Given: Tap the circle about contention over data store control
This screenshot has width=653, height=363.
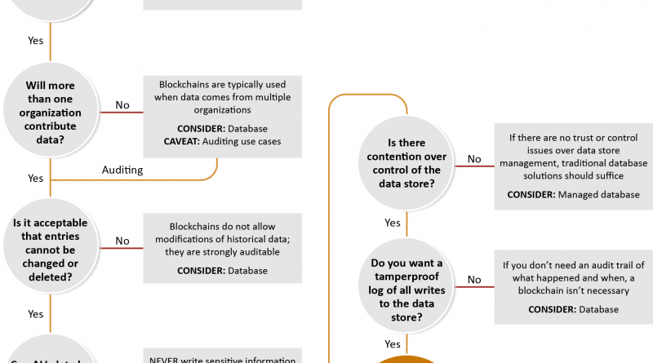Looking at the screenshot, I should point(406,163).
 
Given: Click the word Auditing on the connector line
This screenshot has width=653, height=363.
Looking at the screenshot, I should point(122,170).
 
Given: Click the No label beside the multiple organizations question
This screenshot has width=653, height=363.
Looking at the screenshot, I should point(122,104).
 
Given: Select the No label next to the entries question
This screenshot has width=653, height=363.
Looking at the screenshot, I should point(122,241).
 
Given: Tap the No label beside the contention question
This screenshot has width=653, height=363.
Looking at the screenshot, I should point(473,159).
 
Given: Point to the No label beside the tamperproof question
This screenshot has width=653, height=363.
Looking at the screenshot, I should point(473,280).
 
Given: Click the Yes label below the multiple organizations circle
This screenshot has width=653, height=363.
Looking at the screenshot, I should point(36,178).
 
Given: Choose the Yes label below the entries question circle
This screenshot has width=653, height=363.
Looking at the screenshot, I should point(36,313).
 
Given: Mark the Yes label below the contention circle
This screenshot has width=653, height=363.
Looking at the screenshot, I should point(393,223).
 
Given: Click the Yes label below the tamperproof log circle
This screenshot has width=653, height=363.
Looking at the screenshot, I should point(393,343).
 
